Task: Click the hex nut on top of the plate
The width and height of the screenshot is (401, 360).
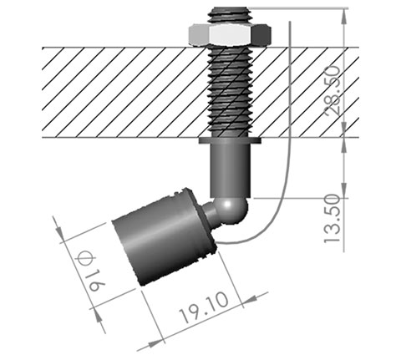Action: (x=231, y=34)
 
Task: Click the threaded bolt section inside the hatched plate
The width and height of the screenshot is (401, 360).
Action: (x=231, y=92)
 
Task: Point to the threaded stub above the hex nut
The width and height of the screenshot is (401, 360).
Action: (x=231, y=10)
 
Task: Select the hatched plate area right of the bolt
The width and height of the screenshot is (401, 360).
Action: (x=309, y=92)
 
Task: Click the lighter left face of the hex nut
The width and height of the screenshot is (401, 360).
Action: (x=200, y=34)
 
